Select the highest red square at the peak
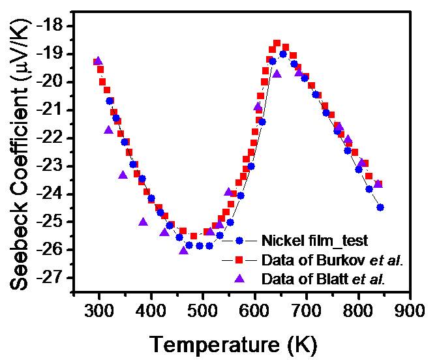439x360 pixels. click(277, 43)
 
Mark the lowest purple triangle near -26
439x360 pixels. click(183, 250)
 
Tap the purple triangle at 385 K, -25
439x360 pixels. click(143, 222)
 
